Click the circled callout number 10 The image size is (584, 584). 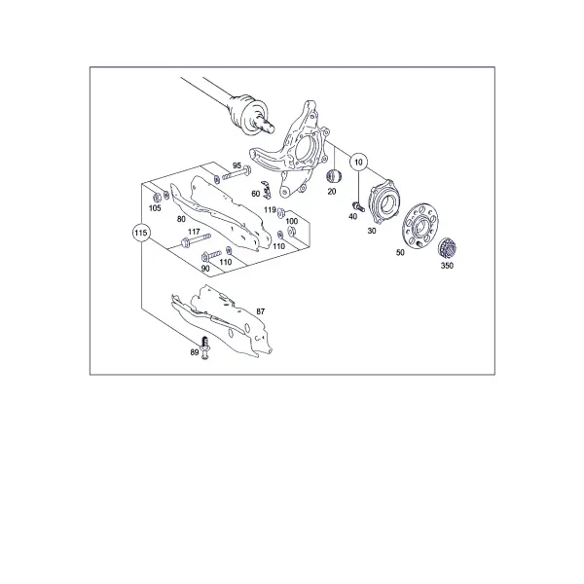tap(358, 162)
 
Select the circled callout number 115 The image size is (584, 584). tap(141, 234)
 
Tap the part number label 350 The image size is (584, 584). tap(447, 266)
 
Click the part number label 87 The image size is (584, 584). tap(260, 311)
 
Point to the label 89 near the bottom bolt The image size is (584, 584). tap(195, 352)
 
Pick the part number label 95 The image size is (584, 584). tap(237, 165)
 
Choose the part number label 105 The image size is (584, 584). tap(155, 208)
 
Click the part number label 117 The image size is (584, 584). tap(194, 232)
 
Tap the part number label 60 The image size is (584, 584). tap(255, 194)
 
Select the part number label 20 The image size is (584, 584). tap(332, 192)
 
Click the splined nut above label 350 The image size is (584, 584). tap(448, 248)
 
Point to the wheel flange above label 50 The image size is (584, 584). tap(420, 226)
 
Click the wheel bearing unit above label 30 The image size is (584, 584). tap(383, 201)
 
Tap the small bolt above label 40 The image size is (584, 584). tap(357, 206)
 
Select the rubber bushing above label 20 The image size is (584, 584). tap(334, 176)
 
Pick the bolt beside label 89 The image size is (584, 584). tap(204, 347)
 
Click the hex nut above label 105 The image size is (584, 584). tap(157, 198)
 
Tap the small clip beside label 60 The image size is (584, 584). tap(266, 190)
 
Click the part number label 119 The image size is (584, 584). tap(270, 210)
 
